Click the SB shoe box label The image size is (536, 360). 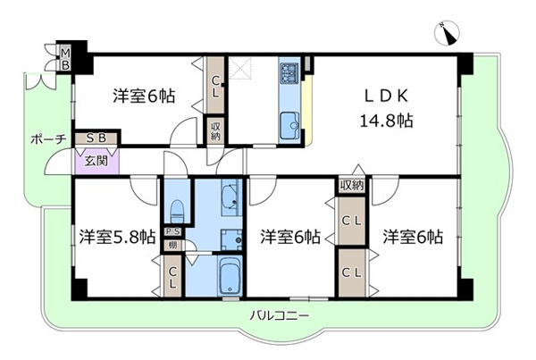coord(96,139)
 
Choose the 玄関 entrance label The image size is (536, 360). coord(96,162)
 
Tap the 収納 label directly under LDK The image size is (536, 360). coord(351,186)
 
